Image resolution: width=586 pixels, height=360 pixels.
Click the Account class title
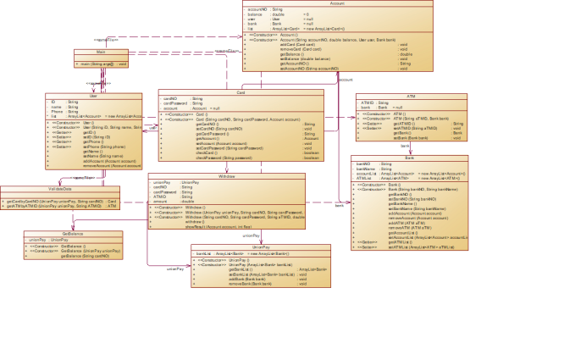tap(337, 3)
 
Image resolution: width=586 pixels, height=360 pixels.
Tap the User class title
tap(94, 95)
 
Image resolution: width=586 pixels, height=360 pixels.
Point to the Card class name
tap(240, 92)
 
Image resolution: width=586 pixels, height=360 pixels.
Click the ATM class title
tap(411, 96)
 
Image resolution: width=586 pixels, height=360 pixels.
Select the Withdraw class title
tap(226, 175)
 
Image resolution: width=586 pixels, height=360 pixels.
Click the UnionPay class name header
tap(260, 247)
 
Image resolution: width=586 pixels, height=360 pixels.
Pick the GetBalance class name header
tap(72, 234)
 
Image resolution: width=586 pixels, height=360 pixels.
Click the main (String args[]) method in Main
tap(102, 64)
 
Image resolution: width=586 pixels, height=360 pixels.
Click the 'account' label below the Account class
tap(346, 79)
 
